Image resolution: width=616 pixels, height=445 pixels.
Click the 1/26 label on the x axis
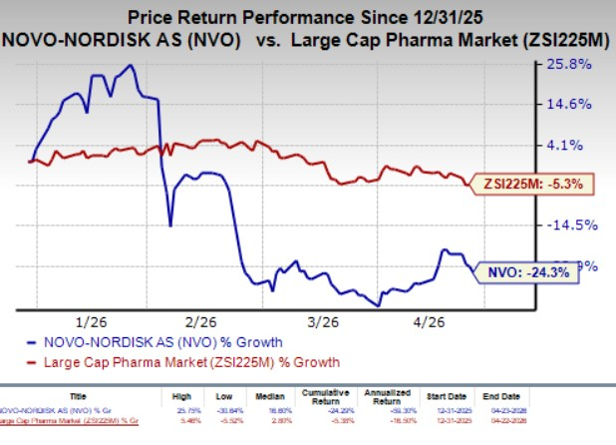tap(91, 322)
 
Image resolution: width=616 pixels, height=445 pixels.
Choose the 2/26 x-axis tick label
tap(201, 322)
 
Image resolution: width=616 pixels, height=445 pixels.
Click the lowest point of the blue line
tap(377, 305)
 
